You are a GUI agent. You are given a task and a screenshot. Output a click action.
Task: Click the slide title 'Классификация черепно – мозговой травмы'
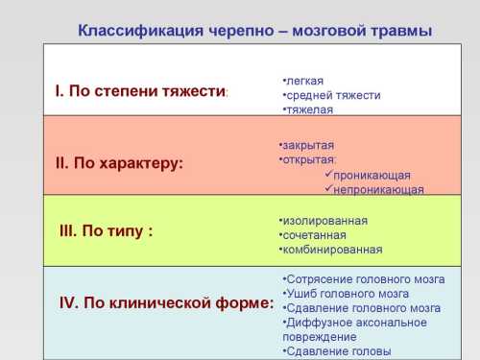254,31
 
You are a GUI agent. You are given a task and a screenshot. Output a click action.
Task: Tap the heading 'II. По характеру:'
119,163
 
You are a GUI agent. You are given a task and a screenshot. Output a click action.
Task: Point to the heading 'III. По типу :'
107,231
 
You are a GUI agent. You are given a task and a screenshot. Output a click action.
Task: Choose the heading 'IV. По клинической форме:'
166,303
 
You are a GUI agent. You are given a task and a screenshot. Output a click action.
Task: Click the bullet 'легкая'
304,81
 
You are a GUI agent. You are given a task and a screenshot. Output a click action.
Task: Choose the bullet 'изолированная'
325,220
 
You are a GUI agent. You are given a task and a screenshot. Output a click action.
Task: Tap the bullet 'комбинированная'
331,250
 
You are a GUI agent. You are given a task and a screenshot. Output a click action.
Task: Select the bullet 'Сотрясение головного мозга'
365,279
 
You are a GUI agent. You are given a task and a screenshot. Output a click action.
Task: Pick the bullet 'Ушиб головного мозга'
347,294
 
